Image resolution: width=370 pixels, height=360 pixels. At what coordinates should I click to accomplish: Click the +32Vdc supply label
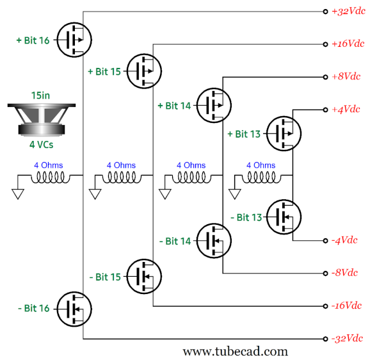348,11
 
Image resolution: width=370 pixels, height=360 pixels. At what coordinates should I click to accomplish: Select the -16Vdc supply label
346,306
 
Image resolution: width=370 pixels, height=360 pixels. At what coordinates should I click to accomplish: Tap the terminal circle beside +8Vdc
325,77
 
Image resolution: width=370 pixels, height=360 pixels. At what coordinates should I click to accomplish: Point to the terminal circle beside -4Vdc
325,241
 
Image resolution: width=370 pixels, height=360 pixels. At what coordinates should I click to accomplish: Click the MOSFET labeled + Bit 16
74,40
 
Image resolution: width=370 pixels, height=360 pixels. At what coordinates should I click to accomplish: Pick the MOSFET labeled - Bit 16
74,309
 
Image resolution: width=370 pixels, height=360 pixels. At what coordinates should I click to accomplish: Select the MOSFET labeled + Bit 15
144,71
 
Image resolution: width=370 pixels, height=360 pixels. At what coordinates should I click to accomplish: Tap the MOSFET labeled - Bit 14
214,241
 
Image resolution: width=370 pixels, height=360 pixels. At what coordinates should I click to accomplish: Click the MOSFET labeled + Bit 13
284,134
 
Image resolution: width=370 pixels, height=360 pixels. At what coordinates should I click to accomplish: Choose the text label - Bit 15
105,277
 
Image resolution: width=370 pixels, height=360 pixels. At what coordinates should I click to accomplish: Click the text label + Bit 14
174,106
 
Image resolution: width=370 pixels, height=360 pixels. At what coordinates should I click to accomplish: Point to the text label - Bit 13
246,217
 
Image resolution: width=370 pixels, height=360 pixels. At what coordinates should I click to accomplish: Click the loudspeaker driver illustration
42,120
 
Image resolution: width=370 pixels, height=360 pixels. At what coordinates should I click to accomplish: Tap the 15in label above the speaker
40,95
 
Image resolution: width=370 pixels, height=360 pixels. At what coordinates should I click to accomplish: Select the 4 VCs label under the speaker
42,145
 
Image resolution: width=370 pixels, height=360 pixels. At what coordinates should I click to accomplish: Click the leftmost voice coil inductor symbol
51,177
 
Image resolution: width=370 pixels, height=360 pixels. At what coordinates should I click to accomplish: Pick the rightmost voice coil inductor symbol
261,177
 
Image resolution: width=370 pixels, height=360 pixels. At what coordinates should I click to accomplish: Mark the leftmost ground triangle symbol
18,194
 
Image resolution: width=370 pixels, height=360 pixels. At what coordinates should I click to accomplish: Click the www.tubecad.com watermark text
236,352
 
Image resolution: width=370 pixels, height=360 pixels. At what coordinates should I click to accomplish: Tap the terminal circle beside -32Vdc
325,339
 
